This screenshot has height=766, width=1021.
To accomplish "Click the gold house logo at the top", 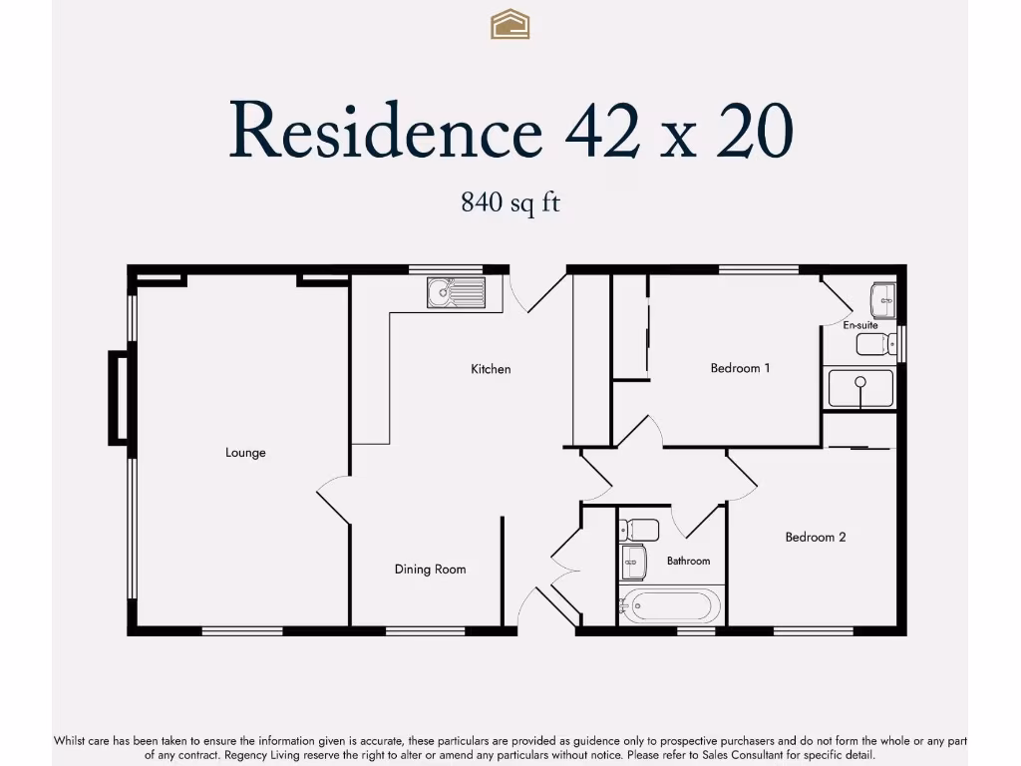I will click(x=510, y=24).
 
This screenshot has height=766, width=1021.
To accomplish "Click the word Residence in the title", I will click(x=385, y=132).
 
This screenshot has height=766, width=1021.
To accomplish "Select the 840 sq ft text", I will click(x=510, y=202).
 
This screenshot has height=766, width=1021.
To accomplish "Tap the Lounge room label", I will click(x=245, y=453).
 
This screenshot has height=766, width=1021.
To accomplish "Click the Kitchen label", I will click(x=491, y=369).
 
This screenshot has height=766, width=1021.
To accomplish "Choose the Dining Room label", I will click(x=430, y=570).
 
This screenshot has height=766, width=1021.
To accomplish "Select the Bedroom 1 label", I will click(x=740, y=368).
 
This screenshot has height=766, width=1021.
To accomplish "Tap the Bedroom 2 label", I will click(x=816, y=538).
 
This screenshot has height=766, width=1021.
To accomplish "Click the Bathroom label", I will click(x=688, y=562).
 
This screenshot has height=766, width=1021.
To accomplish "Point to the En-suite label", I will click(x=859, y=325).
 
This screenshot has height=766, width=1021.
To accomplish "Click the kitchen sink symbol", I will click(x=456, y=292).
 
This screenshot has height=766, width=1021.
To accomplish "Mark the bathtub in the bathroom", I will click(x=669, y=606).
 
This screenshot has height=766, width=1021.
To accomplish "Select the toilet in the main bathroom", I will click(x=637, y=530).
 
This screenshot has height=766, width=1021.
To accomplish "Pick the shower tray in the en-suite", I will click(x=860, y=388).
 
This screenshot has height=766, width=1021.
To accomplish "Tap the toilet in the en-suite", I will click(x=874, y=345).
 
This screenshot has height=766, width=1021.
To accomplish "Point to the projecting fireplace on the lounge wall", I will click(x=119, y=397).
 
